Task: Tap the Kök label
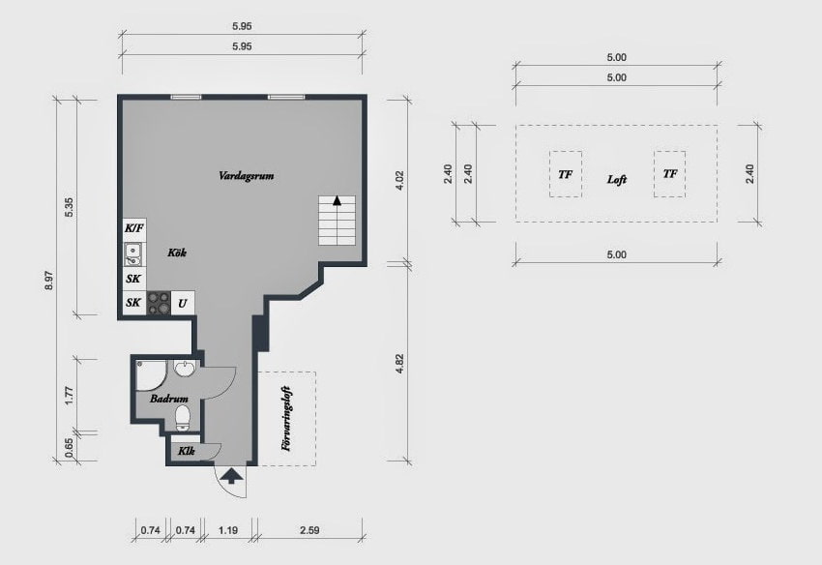click(x=176, y=253)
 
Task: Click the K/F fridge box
click(x=133, y=228)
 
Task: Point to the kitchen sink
click(x=133, y=254)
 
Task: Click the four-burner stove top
click(x=159, y=303)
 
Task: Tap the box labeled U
click(x=182, y=303)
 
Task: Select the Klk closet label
click(x=187, y=451)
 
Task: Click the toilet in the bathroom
click(x=182, y=417)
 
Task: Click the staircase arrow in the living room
click(x=337, y=201)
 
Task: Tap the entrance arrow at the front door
click(x=231, y=474)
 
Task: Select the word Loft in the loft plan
click(x=617, y=180)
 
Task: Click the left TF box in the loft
click(x=565, y=174)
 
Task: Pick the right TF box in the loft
click(x=669, y=174)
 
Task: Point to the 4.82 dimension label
click(x=398, y=363)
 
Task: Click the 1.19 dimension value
click(x=228, y=530)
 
